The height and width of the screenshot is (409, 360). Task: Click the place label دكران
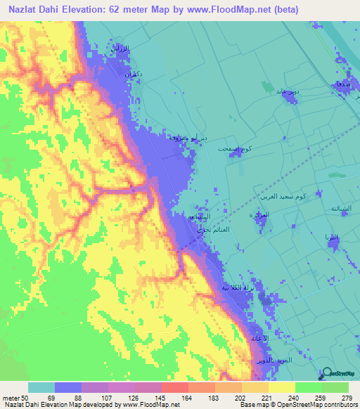[x=134, y=73]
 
